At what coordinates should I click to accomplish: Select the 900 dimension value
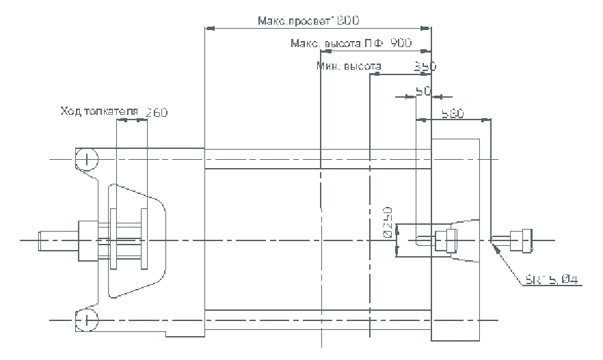tap(401, 44)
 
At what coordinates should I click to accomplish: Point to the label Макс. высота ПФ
tap(337, 44)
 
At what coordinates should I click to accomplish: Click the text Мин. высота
tap(349, 66)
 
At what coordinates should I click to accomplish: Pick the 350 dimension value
tap(425, 66)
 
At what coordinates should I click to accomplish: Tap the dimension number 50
tap(423, 90)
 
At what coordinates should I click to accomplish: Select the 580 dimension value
tap(453, 113)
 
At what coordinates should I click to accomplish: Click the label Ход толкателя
tap(100, 111)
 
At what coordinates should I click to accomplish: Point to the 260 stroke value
tap(155, 111)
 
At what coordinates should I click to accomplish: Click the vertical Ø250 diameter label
tap(388, 221)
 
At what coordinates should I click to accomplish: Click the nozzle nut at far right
tap(524, 240)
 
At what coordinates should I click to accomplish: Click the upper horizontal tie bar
tap(317, 158)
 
